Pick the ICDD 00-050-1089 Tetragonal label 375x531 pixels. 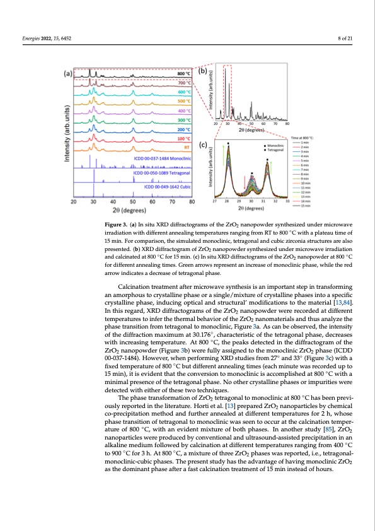tap(163, 172)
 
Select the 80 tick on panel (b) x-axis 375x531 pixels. tap(287, 125)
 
